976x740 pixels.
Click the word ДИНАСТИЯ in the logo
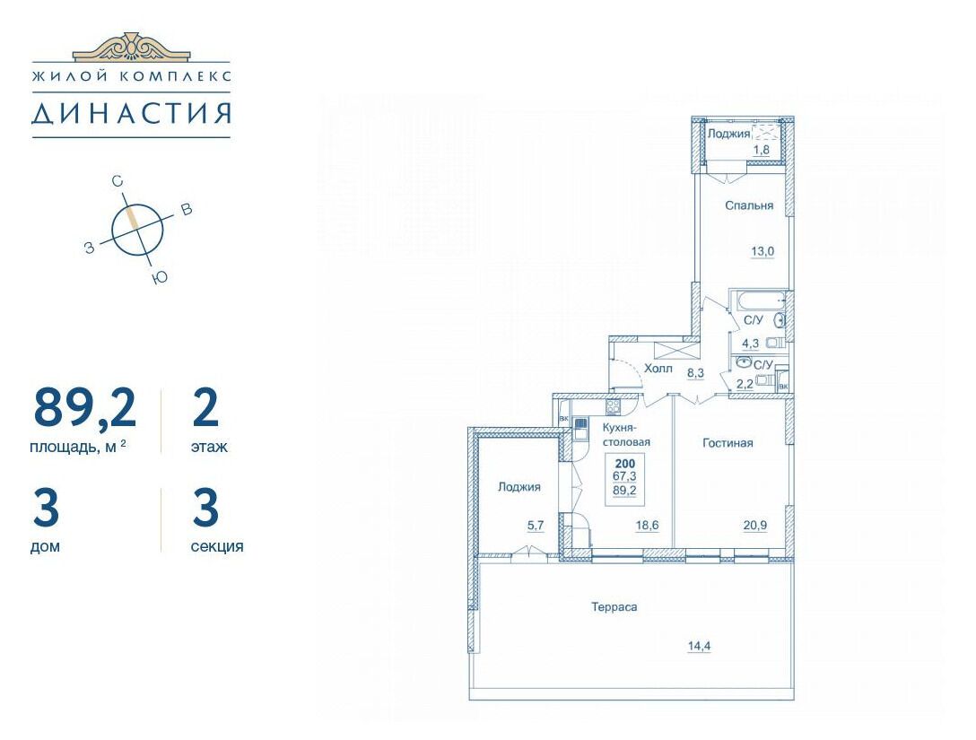(131, 113)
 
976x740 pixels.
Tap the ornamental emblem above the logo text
(131, 47)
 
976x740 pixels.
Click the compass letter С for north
(117, 181)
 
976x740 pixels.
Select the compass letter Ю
(161, 278)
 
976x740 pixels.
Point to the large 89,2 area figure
(84, 407)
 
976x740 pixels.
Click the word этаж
(209, 447)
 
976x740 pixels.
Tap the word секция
(216, 546)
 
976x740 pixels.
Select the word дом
(46, 546)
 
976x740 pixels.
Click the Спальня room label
(749, 205)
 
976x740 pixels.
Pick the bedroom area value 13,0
(762, 251)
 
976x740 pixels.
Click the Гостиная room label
(728, 443)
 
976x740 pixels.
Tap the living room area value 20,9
(755, 526)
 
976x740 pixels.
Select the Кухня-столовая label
(626, 435)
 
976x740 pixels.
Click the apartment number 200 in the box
(625, 464)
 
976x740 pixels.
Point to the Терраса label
(614, 607)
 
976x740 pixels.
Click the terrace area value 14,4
(699, 646)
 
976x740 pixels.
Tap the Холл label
(658, 369)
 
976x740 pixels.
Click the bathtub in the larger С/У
(759, 301)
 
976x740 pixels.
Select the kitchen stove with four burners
(613, 407)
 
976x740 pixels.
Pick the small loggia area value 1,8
(762, 150)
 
